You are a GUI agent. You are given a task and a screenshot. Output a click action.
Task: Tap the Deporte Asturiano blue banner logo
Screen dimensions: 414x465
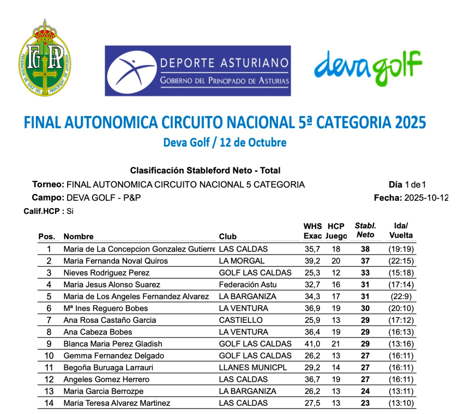[198, 71]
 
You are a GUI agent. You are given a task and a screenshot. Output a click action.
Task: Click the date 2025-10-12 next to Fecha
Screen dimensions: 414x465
[426, 198]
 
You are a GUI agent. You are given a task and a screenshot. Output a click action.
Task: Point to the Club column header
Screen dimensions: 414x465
[228, 237]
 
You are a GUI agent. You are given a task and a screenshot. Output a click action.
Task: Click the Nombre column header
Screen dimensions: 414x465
[79, 237]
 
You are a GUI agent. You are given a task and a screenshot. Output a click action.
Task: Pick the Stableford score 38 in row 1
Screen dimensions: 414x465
[365, 249]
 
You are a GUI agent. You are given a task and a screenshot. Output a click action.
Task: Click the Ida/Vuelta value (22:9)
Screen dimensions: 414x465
[401, 296]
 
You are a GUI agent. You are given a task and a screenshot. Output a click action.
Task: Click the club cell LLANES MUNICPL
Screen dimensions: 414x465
[252, 368]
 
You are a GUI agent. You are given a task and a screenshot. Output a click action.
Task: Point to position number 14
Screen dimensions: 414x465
[49, 403]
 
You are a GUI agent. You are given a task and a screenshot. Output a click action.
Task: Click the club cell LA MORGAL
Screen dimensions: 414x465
[242, 261]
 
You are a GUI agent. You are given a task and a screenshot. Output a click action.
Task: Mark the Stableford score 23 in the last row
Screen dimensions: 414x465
[365, 403]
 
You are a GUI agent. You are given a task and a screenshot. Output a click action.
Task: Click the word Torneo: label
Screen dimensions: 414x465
[48, 185]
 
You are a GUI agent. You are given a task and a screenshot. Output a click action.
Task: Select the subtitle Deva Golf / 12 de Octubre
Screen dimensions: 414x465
[225, 143]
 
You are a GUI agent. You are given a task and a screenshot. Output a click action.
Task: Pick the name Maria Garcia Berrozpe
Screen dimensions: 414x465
[104, 391]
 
